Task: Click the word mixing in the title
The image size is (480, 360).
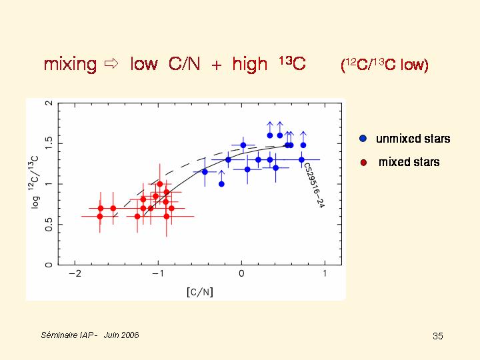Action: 70,65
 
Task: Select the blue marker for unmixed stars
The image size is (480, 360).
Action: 363,139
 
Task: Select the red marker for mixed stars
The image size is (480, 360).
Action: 363,162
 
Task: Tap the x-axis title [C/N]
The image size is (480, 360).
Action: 199,291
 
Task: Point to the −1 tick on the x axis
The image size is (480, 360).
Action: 157,273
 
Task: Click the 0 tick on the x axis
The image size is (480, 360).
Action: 241,273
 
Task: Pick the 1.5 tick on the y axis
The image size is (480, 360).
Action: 49,143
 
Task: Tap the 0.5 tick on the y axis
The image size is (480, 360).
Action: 49,224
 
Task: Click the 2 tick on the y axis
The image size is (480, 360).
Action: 49,103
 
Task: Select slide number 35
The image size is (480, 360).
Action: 437,336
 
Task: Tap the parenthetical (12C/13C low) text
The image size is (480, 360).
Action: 384,65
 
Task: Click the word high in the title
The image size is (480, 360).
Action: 249,65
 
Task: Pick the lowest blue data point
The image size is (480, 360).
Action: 221,184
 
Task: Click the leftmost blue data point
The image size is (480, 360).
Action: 205,172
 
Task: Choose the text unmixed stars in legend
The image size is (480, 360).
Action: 413,139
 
